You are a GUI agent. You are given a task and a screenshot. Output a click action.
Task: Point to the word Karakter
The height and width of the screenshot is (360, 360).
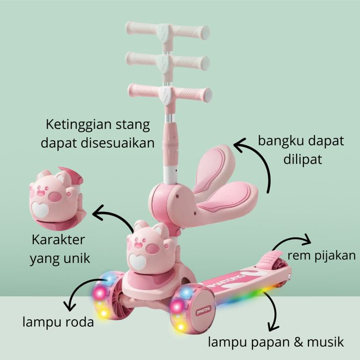tap(59, 240)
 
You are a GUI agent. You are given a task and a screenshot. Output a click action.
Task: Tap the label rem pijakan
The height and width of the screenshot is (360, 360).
tap(322, 255)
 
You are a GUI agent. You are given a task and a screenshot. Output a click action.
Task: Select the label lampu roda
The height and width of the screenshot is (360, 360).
tap(58, 323)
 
